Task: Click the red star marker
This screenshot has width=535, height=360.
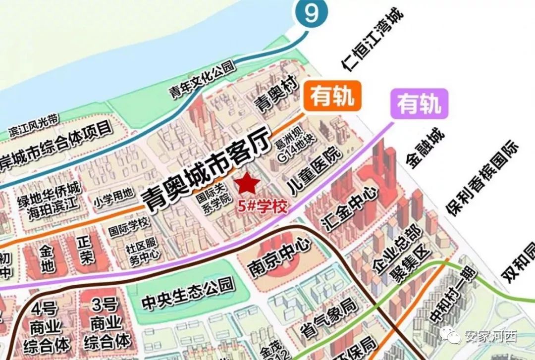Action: (x=247, y=184)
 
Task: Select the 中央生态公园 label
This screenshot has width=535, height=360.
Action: (x=187, y=292)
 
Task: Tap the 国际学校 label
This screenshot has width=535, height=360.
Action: (x=128, y=227)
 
